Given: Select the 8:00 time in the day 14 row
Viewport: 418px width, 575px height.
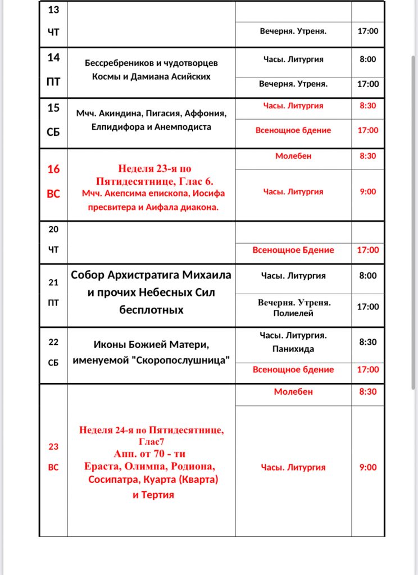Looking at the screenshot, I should point(367,59).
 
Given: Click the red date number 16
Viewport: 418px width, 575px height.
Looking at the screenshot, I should point(53,169).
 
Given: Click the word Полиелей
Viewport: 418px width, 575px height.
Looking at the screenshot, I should point(293,313).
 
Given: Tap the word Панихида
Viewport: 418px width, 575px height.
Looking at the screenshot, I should point(293,349).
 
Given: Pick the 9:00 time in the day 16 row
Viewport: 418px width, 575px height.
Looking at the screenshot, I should point(367,191).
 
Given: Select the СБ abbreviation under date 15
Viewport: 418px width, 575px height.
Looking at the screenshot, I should point(53,133).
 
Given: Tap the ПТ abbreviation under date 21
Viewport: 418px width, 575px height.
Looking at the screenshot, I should point(53,302).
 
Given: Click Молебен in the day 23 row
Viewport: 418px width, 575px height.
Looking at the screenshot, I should point(293,391).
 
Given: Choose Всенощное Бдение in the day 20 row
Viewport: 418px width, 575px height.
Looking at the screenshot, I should point(293,250).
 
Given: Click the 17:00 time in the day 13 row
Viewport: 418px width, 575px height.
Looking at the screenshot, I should point(367,31).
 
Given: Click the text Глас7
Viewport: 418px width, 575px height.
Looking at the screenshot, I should point(153,442).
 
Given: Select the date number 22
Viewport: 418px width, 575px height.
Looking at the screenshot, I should point(53,341).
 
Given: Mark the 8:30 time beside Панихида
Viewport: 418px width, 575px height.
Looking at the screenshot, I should point(367,341).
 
